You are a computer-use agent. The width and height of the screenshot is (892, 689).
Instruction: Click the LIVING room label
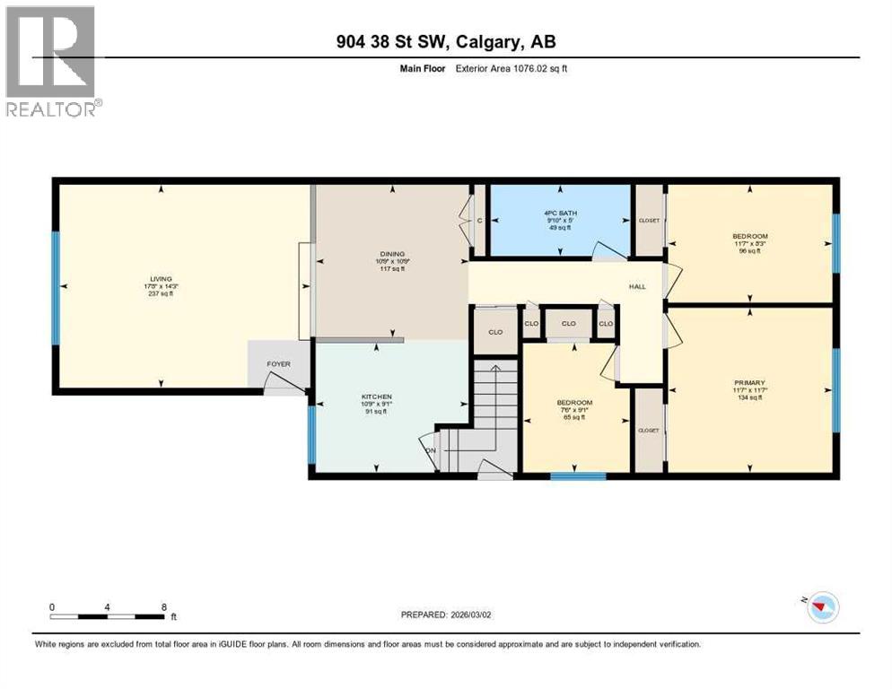click(x=162, y=278)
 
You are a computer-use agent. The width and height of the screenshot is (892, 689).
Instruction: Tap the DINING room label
click(x=391, y=254)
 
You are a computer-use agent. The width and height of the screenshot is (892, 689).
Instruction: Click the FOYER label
click(x=277, y=364)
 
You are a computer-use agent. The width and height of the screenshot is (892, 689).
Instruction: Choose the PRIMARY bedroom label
click(x=749, y=382)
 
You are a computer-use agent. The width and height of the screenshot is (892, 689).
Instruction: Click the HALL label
click(x=637, y=286)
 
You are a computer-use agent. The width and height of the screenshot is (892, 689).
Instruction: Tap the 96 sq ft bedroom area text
click(x=749, y=251)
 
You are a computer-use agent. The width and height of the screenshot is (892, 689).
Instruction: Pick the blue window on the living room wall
click(x=55, y=287)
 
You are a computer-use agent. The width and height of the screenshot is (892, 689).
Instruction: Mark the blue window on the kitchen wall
click(x=311, y=435)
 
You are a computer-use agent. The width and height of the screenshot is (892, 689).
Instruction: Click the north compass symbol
click(x=818, y=608)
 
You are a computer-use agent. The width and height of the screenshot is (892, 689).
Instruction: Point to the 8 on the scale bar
click(x=163, y=606)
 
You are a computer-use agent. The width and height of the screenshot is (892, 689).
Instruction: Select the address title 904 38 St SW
click(x=446, y=41)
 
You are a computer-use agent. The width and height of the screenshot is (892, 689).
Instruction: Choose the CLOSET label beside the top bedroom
click(x=649, y=220)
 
